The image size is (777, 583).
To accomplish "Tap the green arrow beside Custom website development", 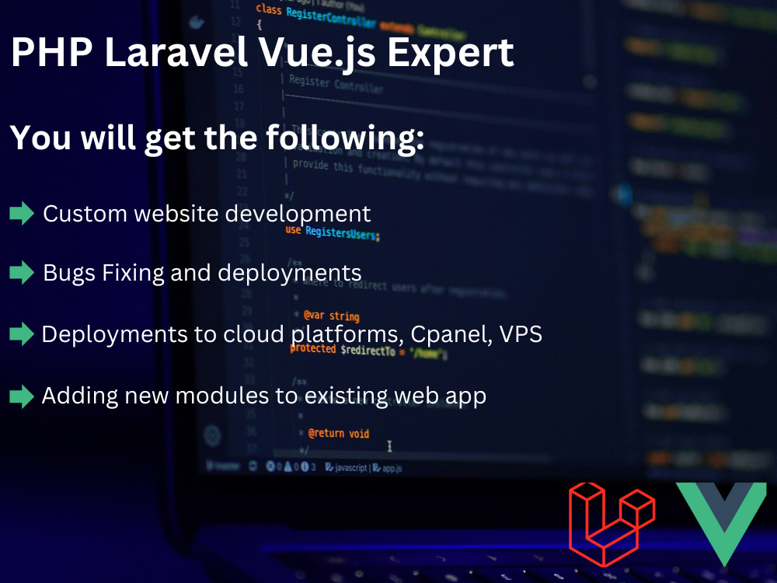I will point(22,213).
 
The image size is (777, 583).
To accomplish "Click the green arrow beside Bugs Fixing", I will point(22,273).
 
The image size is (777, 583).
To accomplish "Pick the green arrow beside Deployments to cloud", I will point(22,334).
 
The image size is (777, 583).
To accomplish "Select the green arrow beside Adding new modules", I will point(22,396).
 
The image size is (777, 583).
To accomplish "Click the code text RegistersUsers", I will point(342,232).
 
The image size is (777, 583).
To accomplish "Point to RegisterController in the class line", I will point(331,13).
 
